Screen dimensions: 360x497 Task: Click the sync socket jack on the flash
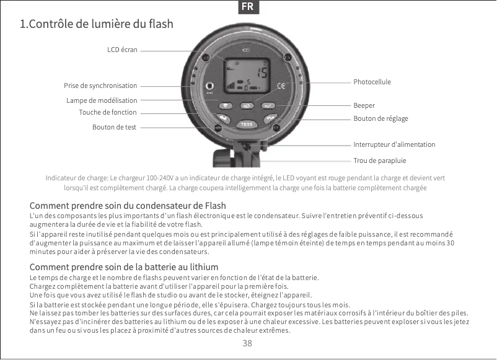point(210,86)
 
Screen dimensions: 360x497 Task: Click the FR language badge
point(248,7)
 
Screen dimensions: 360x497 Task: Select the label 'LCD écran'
point(122,49)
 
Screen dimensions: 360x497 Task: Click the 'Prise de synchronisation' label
point(100,86)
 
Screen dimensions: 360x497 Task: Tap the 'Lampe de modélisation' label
point(102,100)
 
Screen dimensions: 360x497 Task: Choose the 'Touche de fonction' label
point(107,112)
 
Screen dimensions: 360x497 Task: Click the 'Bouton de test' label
point(114,127)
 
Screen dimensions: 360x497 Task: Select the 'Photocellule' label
point(372,82)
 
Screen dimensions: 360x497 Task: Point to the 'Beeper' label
point(364,105)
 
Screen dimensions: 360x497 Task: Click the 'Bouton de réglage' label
point(380,118)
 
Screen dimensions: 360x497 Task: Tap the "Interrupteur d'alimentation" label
point(394,144)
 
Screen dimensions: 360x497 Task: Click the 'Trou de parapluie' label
point(380,160)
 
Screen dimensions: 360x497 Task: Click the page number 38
point(247,343)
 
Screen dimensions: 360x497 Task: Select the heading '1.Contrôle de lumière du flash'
point(97,25)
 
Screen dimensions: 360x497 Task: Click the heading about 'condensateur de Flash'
point(128,205)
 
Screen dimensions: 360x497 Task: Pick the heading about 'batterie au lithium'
point(124,267)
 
